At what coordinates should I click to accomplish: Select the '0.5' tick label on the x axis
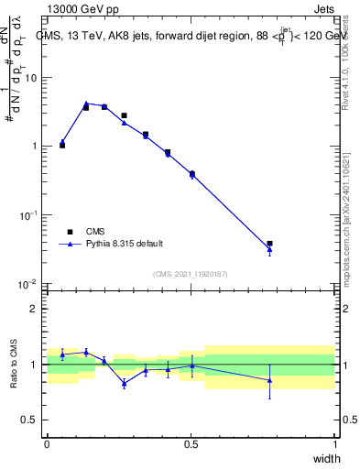[191, 444]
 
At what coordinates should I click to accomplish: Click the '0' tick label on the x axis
[47, 444]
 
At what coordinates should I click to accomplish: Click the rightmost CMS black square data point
[269, 244]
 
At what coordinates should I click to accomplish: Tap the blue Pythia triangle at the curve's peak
[86, 104]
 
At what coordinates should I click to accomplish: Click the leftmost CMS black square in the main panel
[62, 146]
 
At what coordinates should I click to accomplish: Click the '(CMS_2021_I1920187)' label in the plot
[191, 274]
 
